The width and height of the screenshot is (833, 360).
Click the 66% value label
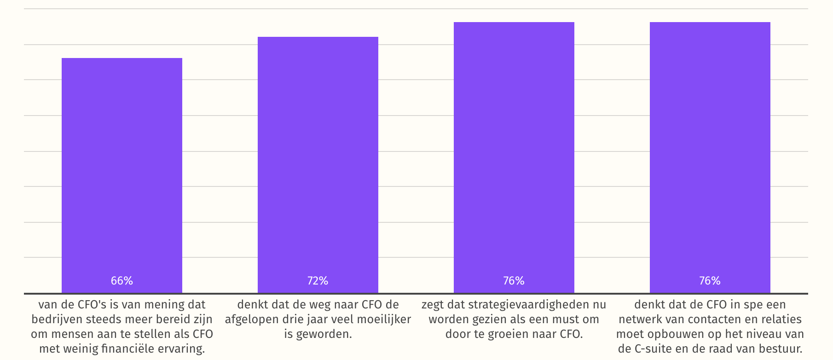pyautogui.click(x=122, y=281)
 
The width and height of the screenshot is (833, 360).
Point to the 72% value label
pyautogui.click(x=318, y=281)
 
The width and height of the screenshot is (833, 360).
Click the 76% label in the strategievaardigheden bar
pyautogui.click(x=514, y=281)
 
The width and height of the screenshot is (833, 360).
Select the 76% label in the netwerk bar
pyautogui.click(x=710, y=281)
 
